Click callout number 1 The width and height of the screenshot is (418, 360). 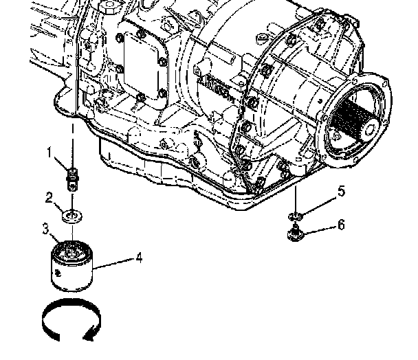[49, 153]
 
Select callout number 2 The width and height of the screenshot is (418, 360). [49, 198]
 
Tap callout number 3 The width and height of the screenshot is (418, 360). [45, 228]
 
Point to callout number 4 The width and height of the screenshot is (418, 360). [139, 258]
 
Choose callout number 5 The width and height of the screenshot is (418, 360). [341, 191]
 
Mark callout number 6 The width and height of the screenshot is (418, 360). [341, 225]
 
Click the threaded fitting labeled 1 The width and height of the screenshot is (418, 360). [72, 179]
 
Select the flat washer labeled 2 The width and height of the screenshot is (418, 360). [72, 216]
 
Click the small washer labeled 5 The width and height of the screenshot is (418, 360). [296, 217]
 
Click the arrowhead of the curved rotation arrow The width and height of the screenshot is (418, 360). [89, 335]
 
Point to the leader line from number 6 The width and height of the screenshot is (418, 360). [320, 230]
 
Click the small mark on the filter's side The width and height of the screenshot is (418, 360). [58, 273]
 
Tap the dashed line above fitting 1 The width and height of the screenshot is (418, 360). [72, 145]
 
